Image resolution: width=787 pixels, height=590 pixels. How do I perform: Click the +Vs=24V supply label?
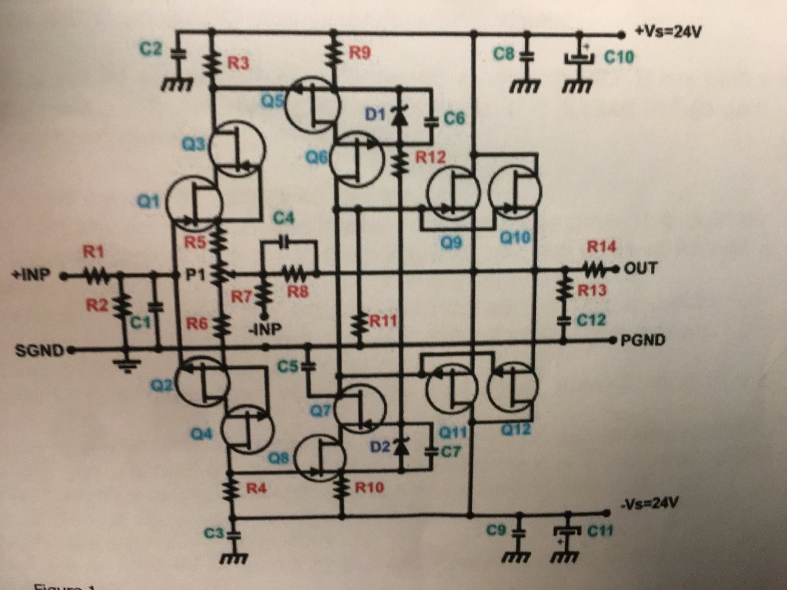[668, 32]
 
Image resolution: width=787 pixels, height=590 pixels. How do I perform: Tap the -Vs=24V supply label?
[651, 503]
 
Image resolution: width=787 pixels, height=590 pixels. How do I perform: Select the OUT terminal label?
[641, 268]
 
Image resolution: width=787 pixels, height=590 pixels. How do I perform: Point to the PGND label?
[643, 340]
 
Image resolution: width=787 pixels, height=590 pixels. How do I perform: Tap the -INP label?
[266, 330]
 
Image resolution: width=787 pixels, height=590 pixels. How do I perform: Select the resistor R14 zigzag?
[595, 268]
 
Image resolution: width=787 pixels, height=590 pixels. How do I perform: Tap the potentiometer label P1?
[195, 275]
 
